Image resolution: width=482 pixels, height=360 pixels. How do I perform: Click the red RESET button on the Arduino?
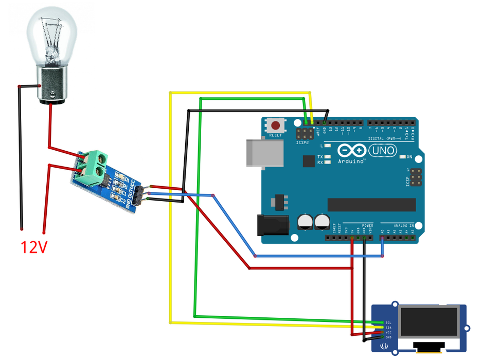coord(277,125)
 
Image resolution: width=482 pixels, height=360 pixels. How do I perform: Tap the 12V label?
coord(34,247)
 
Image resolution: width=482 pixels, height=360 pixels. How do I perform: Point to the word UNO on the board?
coord(383,151)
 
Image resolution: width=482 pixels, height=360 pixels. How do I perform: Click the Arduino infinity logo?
coord(351,151)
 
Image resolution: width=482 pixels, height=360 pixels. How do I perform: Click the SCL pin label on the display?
coord(388,323)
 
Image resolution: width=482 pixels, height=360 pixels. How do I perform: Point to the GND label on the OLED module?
coord(388,337)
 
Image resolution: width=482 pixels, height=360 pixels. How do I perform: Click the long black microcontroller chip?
coord(371,204)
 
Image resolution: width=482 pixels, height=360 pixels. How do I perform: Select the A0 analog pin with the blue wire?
coord(382,238)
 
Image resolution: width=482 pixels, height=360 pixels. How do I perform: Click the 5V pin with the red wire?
coord(352,238)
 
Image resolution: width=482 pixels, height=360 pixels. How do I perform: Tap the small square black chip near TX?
coord(309,161)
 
